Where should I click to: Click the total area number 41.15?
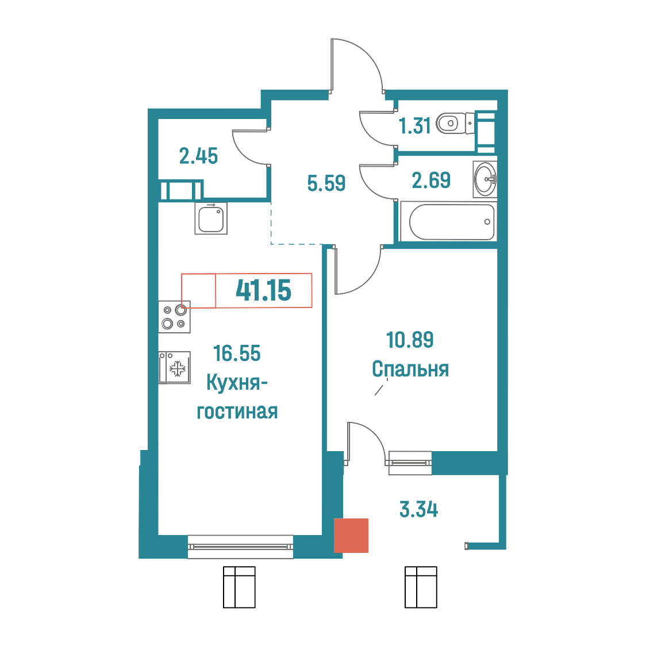point(263,290)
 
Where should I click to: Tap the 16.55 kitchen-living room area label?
point(237,353)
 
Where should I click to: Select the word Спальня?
point(410,369)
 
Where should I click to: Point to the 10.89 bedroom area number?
point(410,340)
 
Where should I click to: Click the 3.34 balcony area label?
point(418,509)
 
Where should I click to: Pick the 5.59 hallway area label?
point(326,183)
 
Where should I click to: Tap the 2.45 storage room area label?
point(198,156)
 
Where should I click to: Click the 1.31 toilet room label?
point(414,126)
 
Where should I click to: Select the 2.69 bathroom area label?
point(432,180)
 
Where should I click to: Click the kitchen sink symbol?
point(211,219)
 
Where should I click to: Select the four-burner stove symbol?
point(174,317)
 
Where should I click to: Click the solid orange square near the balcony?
point(351,535)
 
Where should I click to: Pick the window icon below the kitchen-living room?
point(239,587)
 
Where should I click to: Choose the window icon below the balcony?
point(421,587)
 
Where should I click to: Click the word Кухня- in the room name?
point(237,383)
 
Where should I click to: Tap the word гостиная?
point(237,412)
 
